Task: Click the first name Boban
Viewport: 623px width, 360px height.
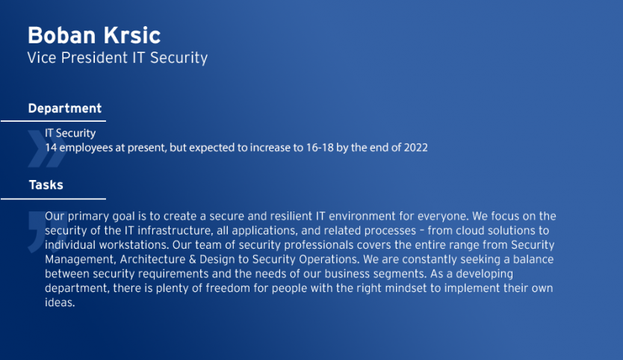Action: pyautogui.click(x=61, y=35)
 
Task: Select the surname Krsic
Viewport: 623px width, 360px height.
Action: pyautogui.click(x=132, y=35)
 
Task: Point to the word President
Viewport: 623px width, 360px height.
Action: pyautogui.click(x=94, y=58)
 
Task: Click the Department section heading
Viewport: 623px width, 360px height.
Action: pyautogui.click(x=65, y=108)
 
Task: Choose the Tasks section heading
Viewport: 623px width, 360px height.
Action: pyautogui.click(x=46, y=184)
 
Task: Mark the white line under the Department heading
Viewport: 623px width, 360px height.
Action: pyautogui.click(x=53, y=121)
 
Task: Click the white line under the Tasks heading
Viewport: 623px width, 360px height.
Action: pyautogui.click(x=53, y=198)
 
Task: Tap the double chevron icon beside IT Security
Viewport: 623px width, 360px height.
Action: pyautogui.click(x=47, y=149)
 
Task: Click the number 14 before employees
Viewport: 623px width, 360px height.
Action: pyautogui.click(x=51, y=147)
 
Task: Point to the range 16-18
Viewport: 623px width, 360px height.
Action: pyautogui.click(x=320, y=147)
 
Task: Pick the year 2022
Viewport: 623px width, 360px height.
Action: pyautogui.click(x=415, y=147)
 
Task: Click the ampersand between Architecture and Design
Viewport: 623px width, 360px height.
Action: pyautogui.click(x=192, y=259)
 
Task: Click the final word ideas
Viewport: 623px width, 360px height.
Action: pyautogui.click(x=60, y=302)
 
